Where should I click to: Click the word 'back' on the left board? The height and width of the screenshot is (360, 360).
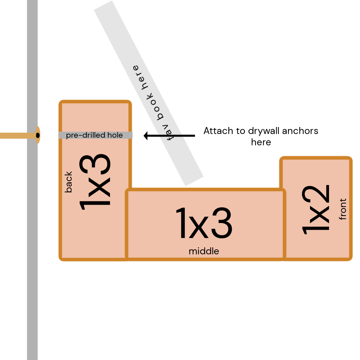pos(68,182)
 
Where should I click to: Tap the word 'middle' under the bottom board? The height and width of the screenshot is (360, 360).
pos(204,251)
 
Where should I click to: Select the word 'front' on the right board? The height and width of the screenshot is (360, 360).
pos(343,209)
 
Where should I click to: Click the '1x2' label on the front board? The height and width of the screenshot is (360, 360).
pos(316,210)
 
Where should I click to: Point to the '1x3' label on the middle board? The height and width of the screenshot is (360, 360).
pos(204,223)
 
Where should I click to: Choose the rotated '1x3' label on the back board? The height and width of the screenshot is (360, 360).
pos(95,182)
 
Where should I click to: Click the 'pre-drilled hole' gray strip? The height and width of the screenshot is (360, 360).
pos(96,135)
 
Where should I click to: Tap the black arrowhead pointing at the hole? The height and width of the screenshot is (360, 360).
pos(146,136)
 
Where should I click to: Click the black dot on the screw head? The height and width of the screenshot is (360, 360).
pos(38,135)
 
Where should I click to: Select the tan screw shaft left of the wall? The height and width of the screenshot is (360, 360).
pos(18,135)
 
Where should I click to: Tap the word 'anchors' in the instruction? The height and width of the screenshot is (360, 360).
pos(300,131)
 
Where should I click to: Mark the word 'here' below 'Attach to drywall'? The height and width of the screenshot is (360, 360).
pos(261,142)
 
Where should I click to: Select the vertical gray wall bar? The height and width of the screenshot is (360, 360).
pos(32,180)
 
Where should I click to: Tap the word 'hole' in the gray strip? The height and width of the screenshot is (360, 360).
pos(115,135)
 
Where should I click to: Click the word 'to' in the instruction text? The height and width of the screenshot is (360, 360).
pos(241,131)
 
